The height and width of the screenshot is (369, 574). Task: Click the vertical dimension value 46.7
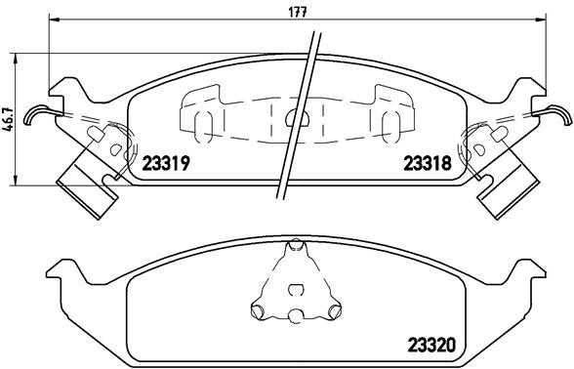pos(9,116)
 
